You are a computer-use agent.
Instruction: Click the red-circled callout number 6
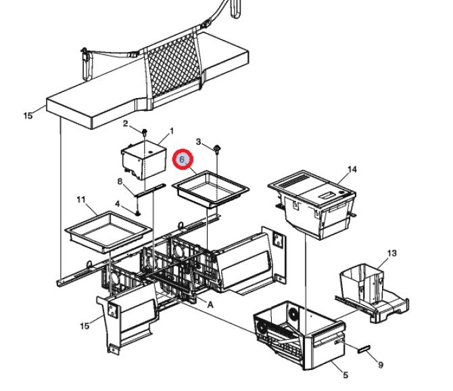click(182, 159)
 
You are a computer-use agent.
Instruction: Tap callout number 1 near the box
click(172, 131)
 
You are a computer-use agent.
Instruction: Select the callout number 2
click(125, 124)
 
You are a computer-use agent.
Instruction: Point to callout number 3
click(198, 142)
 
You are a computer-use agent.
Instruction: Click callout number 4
click(117, 204)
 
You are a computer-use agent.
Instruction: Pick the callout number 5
click(345, 375)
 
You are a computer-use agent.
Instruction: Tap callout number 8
click(120, 181)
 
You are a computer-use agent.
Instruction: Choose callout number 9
click(381, 365)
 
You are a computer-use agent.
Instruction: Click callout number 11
click(81, 200)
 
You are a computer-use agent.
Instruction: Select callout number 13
click(391, 254)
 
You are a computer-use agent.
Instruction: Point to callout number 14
click(352, 169)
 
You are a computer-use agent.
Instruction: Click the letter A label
click(210, 305)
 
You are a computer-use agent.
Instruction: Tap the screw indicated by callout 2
click(145, 133)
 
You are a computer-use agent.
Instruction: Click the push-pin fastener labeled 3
click(216, 149)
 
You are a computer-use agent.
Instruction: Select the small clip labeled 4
click(138, 213)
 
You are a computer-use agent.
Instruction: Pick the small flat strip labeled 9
click(364, 348)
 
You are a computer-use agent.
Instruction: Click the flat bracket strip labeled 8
click(151, 189)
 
